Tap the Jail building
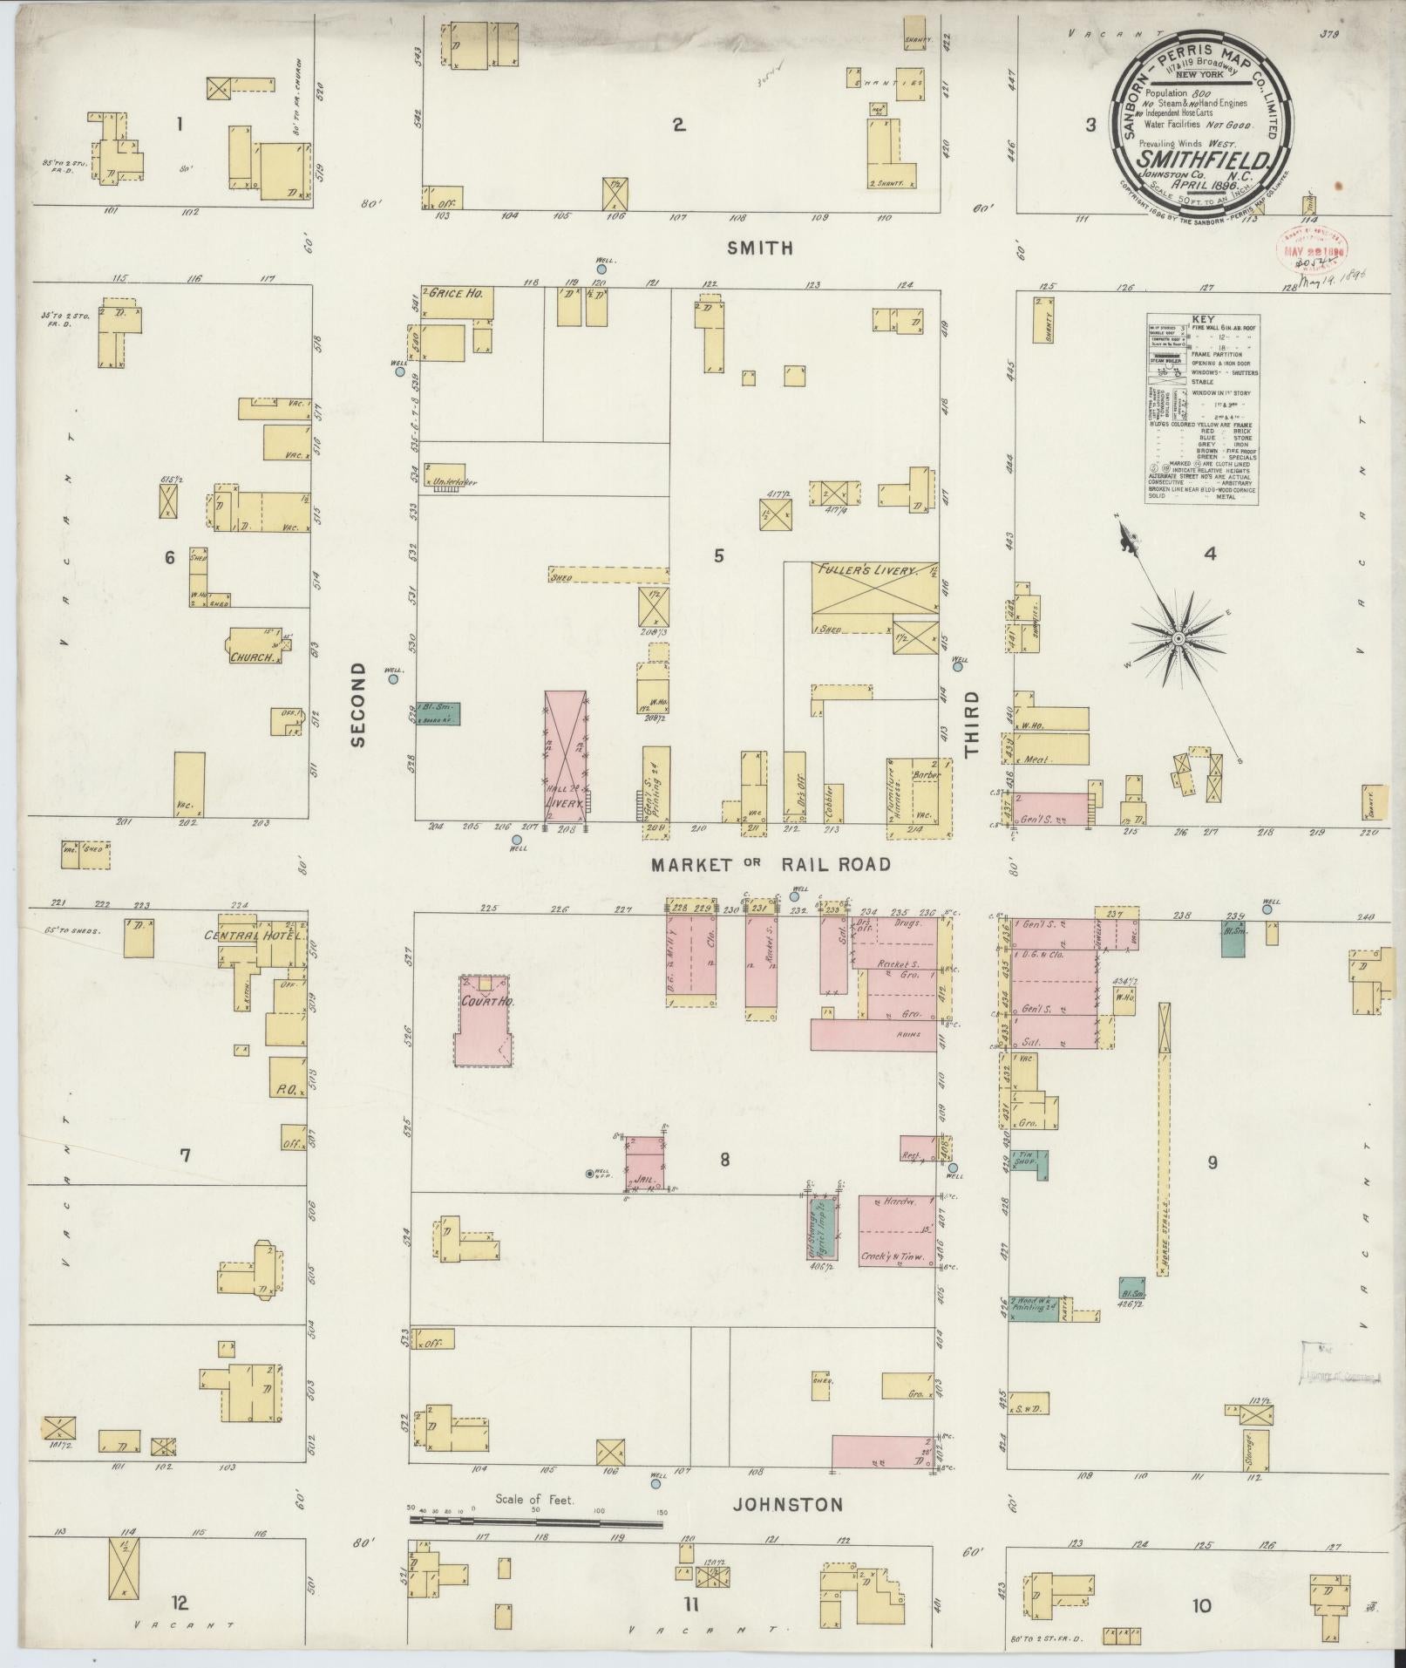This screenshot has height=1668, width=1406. point(645,1164)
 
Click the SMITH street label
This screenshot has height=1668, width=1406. point(761,248)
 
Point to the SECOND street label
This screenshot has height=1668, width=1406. point(358,715)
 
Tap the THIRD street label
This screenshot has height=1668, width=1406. point(971,723)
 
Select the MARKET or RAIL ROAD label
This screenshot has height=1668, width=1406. point(771,864)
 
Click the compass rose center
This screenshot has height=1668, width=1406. point(1178,639)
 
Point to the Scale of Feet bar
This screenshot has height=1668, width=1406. point(535,1523)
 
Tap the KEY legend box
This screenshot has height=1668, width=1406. point(1201,408)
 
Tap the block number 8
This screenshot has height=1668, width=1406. point(724,1160)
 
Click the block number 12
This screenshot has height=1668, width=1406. point(180,1603)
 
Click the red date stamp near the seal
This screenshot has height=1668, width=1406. point(1312,248)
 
